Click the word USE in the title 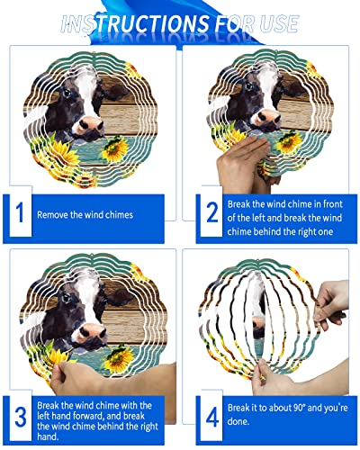274,22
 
